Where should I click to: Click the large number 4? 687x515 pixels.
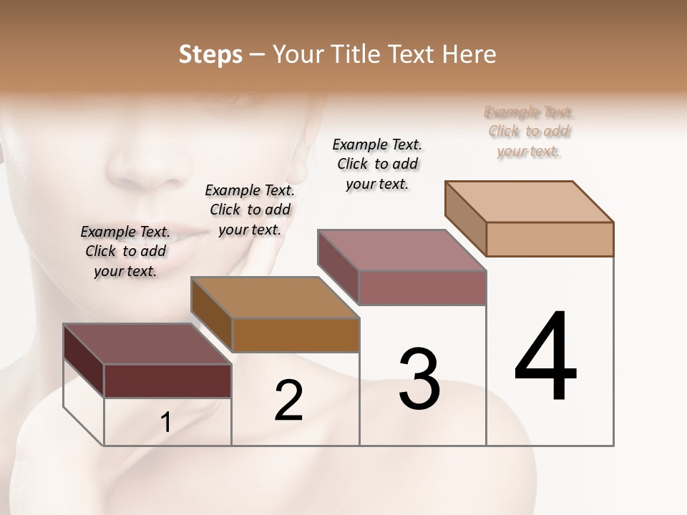click(545, 358)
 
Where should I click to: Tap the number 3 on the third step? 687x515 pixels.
click(419, 379)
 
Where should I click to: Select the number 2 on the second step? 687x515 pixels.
click(288, 401)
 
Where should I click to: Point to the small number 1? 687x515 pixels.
click(166, 423)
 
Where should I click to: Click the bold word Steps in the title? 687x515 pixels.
click(210, 54)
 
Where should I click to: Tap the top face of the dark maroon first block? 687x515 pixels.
click(147, 344)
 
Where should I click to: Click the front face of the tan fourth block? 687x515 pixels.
click(550, 239)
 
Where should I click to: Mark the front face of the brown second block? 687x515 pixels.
click(296, 335)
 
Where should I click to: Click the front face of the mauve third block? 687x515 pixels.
click(422, 288)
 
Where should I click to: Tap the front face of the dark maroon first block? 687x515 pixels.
click(167, 381)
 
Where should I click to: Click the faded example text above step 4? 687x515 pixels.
click(529, 132)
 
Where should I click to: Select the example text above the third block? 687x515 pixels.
click(377, 164)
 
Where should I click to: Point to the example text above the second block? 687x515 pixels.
click(250, 210)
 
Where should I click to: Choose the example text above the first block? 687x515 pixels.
click(125, 251)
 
